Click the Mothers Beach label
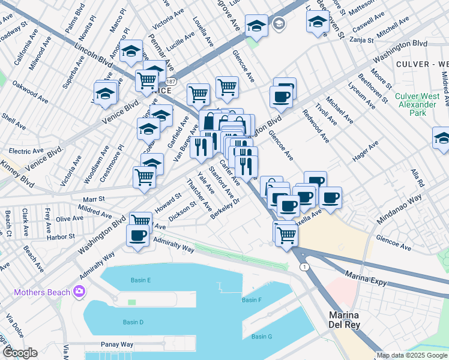click(x=40, y=293)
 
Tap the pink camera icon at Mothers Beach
click(x=79, y=292)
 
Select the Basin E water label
click(x=141, y=280)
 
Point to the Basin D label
click(x=133, y=322)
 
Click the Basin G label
click(x=262, y=336)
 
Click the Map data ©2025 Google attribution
click(x=411, y=355)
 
